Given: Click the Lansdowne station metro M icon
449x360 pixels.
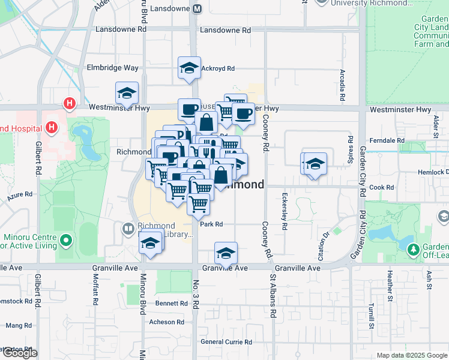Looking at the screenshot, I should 197,9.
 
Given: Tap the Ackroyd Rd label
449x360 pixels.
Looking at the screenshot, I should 218,68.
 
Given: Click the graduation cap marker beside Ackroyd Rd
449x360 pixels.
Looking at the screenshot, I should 189,68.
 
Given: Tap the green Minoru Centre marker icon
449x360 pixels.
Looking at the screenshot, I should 66,241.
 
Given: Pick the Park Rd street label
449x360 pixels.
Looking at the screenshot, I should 211,224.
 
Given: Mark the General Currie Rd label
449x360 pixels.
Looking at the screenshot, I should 226,342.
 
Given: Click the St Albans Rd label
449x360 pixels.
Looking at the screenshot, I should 273,296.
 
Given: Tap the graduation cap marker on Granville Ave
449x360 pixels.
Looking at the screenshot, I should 226,253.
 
